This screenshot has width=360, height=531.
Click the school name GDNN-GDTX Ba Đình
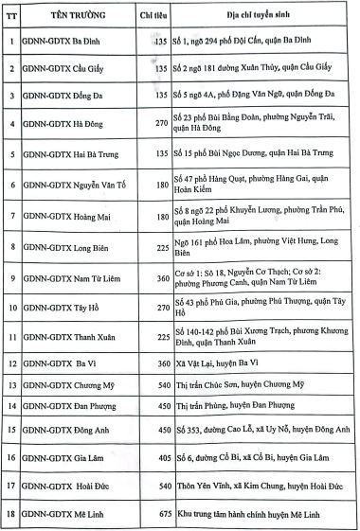click(x=67, y=43)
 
